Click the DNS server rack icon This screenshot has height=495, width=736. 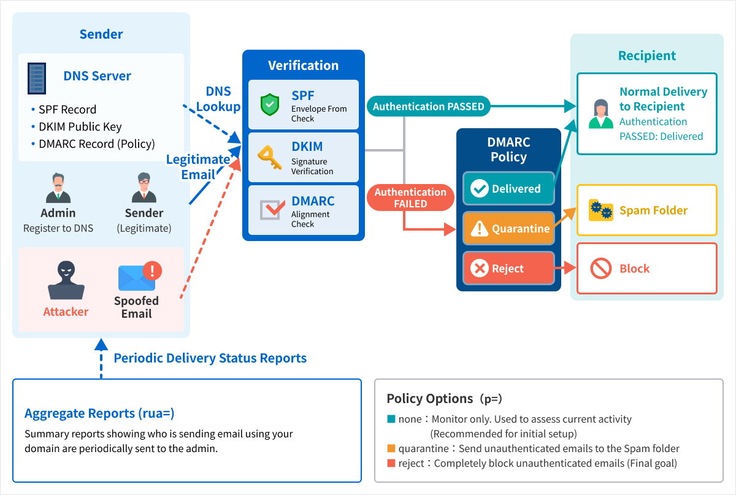tap(36, 79)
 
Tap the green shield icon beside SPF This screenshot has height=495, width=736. tap(270, 104)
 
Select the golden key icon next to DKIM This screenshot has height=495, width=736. tap(270, 157)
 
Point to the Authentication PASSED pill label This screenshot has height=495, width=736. tap(429, 106)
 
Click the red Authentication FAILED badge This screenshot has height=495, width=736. tap(410, 198)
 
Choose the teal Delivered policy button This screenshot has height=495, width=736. tap(508, 188)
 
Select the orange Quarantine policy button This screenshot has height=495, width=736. tap(508, 228)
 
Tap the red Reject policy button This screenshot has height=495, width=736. tap(508, 268)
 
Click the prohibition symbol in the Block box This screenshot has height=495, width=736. tap(600, 268)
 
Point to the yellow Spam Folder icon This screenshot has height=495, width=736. tap(600, 210)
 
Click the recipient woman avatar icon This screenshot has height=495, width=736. tap(600, 113)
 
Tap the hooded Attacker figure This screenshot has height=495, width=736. tap(66, 280)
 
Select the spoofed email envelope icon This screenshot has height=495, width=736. tap(140, 276)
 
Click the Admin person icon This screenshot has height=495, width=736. tap(58, 188)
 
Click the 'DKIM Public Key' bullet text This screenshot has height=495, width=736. tap(80, 126)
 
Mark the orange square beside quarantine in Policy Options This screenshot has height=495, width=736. tap(391, 448)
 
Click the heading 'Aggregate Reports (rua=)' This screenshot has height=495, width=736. tap(99, 413)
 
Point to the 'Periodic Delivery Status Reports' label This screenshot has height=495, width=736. tap(210, 358)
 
